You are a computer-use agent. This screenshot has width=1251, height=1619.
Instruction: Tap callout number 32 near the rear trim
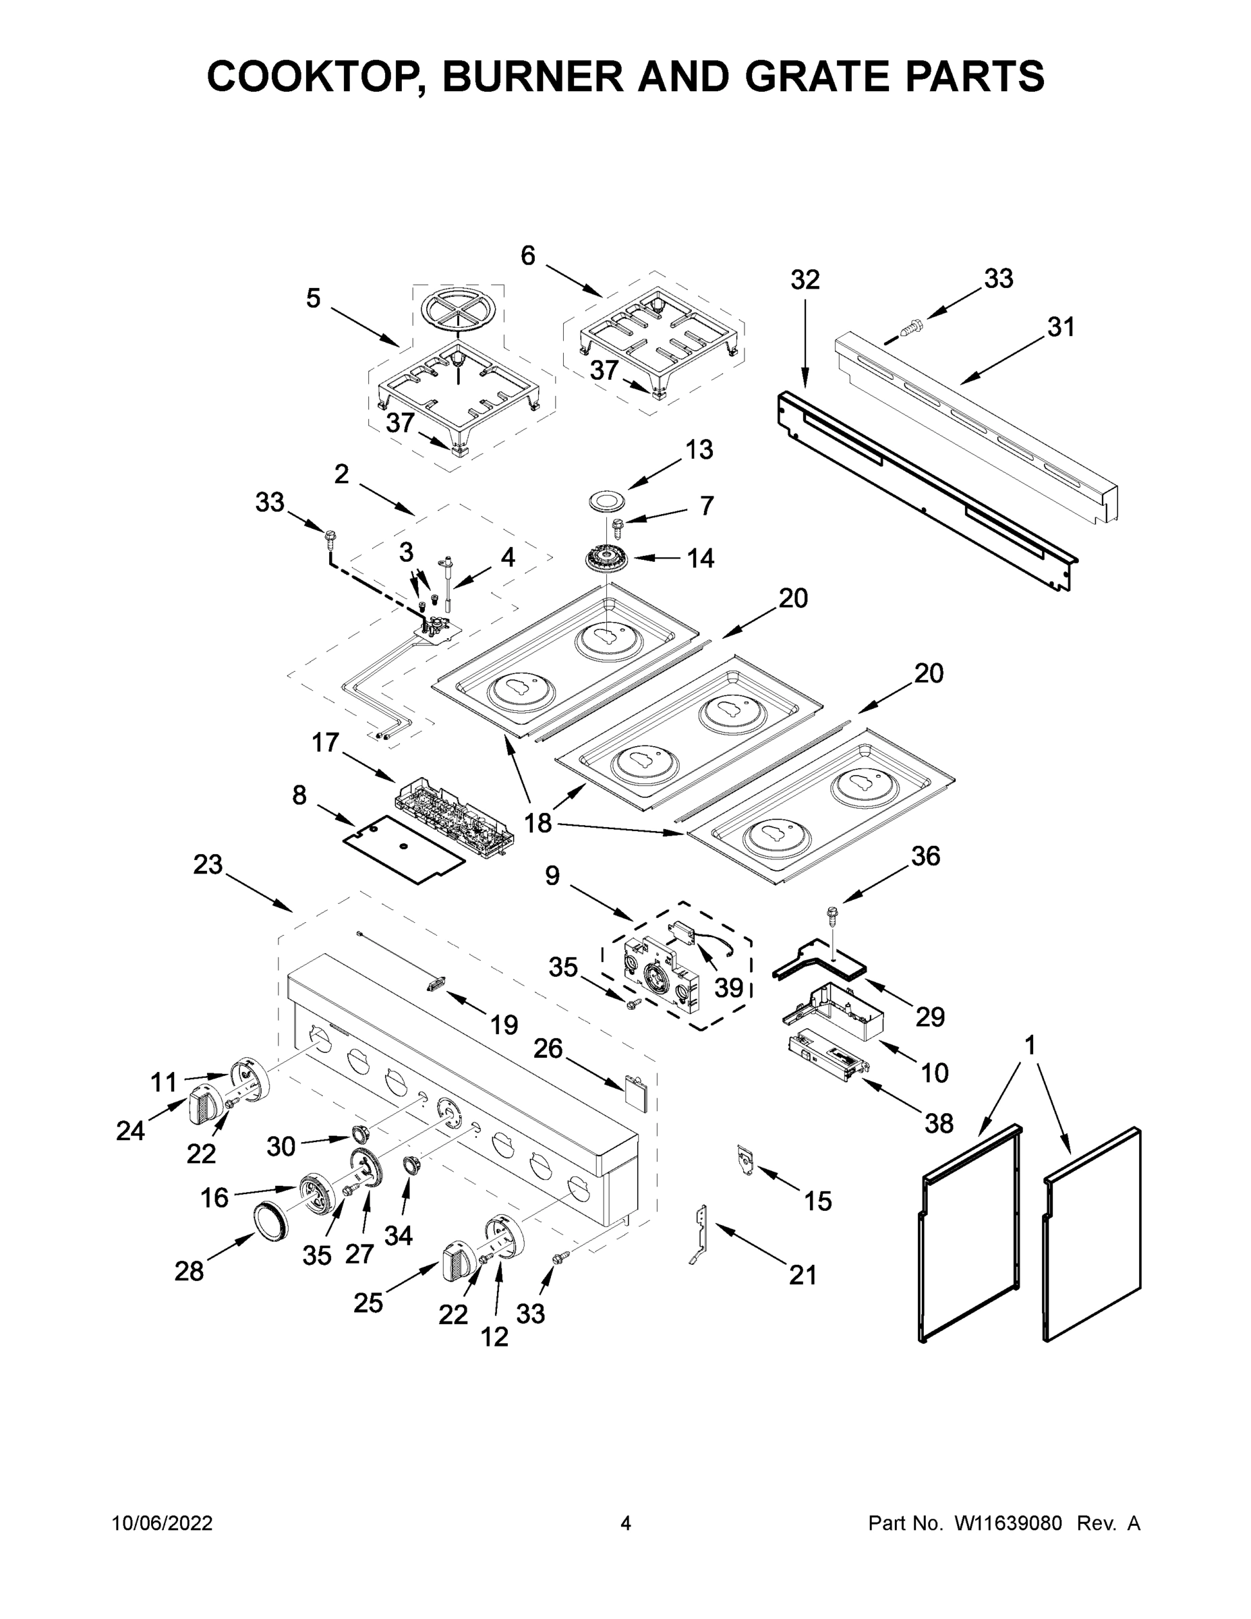(805, 280)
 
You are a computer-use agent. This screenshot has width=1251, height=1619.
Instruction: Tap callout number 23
(208, 864)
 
